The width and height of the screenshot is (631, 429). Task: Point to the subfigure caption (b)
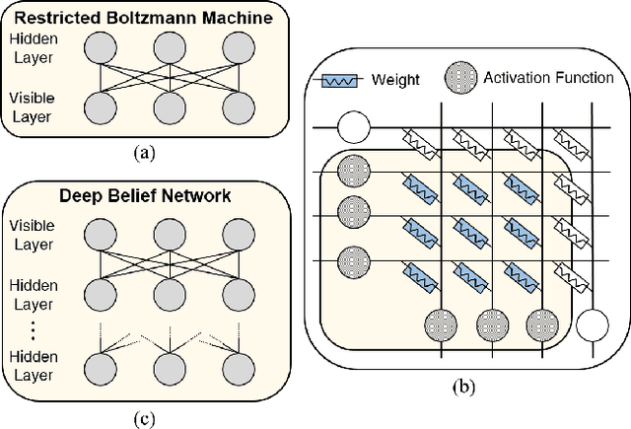click(x=460, y=387)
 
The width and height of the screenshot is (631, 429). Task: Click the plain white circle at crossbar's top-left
click(x=351, y=125)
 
